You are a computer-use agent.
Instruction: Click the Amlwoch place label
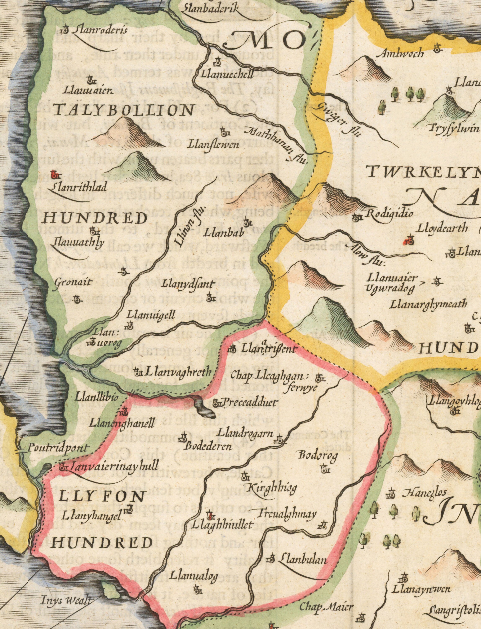pyautogui.click(x=401, y=53)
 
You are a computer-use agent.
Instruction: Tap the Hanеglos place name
pyautogui.click(x=425, y=493)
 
